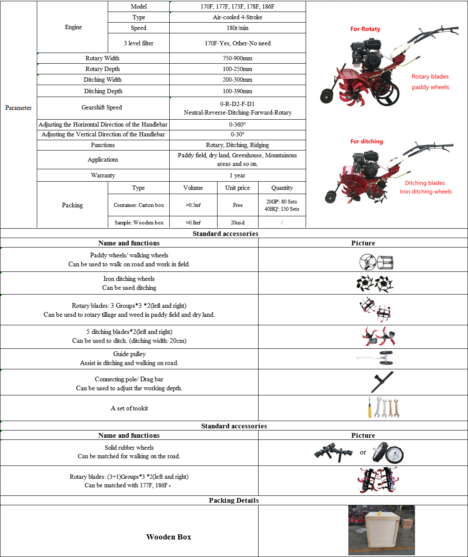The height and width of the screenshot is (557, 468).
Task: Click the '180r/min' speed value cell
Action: (x=237, y=28)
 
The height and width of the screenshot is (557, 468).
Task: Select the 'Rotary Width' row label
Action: (x=103, y=58)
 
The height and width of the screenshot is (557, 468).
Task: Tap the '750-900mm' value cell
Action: (x=237, y=58)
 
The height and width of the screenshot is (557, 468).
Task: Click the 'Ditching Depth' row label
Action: (x=103, y=91)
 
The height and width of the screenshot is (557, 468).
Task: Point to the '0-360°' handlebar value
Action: (x=237, y=124)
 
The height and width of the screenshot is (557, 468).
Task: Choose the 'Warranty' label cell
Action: (x=103, y=175)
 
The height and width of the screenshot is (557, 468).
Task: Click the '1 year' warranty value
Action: (x=237, y=175)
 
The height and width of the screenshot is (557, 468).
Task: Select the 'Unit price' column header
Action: (x=238, y=188)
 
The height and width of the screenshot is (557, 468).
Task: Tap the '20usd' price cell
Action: (x=238, y=222)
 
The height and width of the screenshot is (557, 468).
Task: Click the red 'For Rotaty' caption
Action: (x=365, y=29)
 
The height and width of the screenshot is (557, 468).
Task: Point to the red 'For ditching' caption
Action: (x=366, y=141)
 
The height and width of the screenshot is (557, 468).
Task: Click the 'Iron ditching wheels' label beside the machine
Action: (x=425, y=192)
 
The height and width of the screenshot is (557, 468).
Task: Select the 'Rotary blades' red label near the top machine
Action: (x=430, y=77)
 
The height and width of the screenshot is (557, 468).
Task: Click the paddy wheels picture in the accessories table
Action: (x=376, y=262)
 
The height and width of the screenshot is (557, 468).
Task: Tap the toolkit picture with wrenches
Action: (x=383, y=408)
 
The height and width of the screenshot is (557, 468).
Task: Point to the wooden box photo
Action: (x=381, y=530)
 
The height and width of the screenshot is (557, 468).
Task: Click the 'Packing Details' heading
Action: (x=234, y=500)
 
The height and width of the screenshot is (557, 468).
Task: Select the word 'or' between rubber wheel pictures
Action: (x=363, y=452)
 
